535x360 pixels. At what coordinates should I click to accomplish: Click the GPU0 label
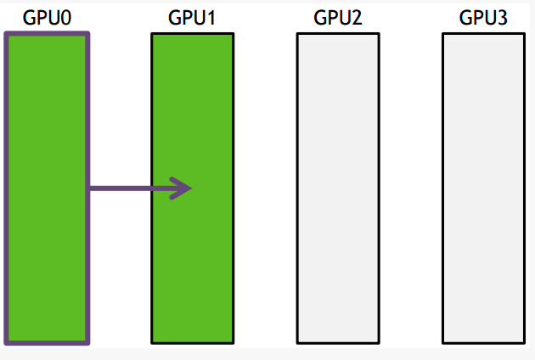click(46, 18)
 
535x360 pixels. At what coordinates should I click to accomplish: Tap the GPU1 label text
click(193, 18)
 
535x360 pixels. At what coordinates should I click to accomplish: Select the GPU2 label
click(338, 18)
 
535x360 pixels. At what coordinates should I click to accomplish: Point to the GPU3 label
click(483, 18)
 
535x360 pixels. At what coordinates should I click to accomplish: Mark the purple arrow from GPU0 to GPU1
click(136, 188)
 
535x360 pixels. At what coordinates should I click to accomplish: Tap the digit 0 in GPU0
click(64, 18)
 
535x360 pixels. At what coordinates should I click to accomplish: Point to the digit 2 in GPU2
click(357, 18)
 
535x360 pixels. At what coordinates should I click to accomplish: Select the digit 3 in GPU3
click(502, 18)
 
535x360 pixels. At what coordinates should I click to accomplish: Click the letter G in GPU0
click(29, 18)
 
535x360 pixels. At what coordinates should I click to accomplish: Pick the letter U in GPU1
click(199, 18)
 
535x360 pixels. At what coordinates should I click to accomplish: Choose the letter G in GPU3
click(465, 18)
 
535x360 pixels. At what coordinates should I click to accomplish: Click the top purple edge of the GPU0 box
click(47, 35)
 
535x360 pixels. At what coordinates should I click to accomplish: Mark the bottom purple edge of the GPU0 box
click(47, 342)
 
